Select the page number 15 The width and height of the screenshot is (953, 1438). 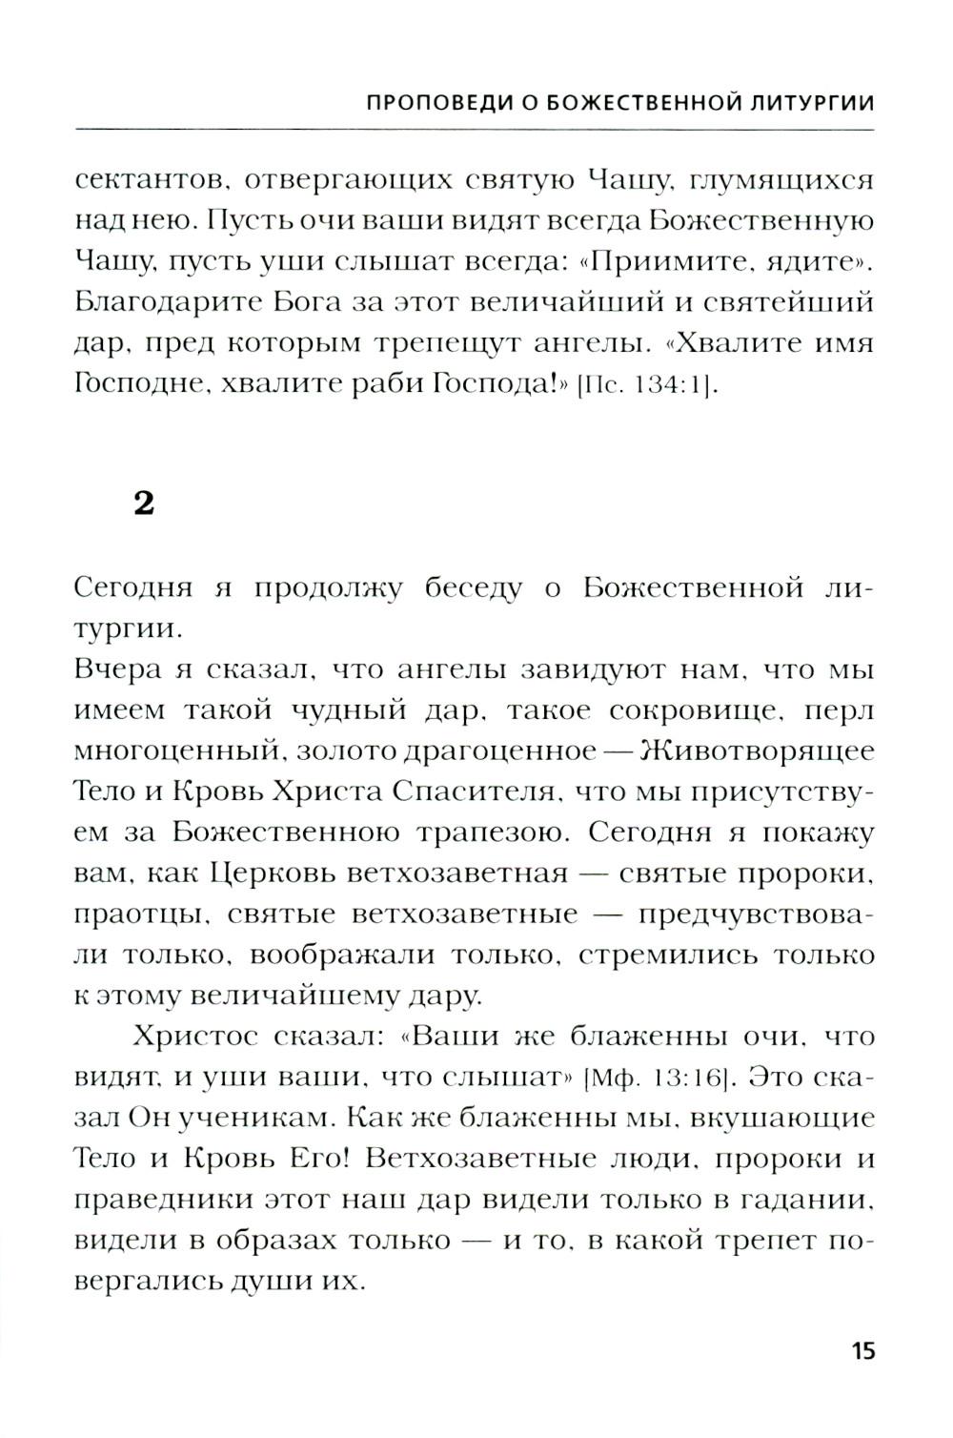[x=862, y=1351]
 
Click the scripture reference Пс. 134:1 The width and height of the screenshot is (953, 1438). [x=646, y=386]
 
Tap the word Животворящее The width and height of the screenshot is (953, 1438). [x=758, y=751]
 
